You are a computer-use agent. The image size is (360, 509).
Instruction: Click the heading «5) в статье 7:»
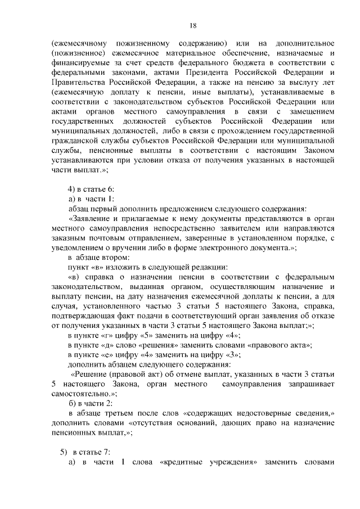85,453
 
